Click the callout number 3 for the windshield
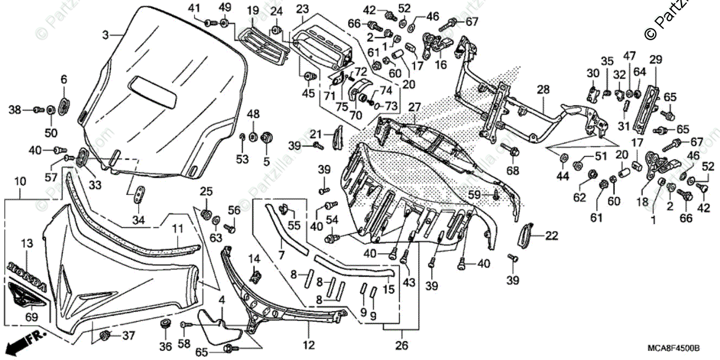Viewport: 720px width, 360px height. tap(106, 35)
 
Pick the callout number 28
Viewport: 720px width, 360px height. tap(543, 89)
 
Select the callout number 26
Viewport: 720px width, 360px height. tap(401, 345)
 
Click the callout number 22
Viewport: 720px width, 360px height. tap(552, 236)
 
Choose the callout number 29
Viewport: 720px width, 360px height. tap(655, 59)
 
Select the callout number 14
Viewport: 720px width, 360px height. tap(254, 258)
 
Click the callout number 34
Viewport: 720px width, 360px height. tap(139, 220)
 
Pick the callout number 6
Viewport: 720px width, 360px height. tap(64, 79)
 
